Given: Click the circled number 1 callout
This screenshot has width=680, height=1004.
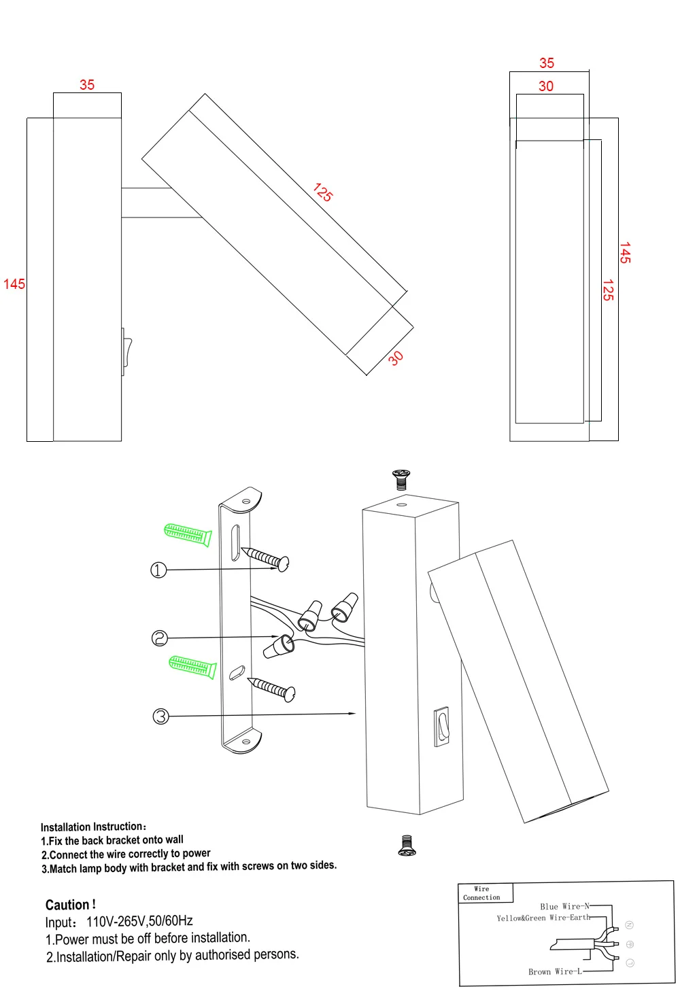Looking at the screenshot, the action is click(158, 570).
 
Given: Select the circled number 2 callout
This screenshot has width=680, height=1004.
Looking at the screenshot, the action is click(160, 638).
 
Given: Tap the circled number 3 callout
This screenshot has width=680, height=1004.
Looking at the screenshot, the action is click(161, 716).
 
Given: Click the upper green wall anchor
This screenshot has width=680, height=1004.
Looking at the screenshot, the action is click(188, 534).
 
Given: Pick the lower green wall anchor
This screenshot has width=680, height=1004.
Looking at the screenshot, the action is click(192, 667).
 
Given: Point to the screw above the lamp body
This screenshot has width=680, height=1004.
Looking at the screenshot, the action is click(401, 480).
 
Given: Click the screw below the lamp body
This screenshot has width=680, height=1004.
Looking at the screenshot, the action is click(407, 846).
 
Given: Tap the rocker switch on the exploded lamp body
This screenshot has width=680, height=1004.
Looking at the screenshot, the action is click(442, 727).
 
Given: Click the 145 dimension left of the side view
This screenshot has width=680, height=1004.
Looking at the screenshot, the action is click(14, 284).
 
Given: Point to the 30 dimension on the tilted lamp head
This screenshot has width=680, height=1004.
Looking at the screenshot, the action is click(396, 358).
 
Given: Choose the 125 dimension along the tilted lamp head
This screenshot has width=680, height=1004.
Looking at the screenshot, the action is click(323, 192).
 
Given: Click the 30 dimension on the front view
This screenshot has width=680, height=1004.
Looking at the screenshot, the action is click(546, 86).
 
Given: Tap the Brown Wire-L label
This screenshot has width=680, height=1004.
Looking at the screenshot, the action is click(555, 971).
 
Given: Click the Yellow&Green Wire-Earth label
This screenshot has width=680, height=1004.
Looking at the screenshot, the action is click(543, 918).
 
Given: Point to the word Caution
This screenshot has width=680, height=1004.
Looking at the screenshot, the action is click(70, 905).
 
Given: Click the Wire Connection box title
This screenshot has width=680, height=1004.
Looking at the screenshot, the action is click(481, 893).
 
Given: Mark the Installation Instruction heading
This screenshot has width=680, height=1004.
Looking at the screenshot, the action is click(94, 827).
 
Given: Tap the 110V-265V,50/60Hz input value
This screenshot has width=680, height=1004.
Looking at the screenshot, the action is click(139, 921).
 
